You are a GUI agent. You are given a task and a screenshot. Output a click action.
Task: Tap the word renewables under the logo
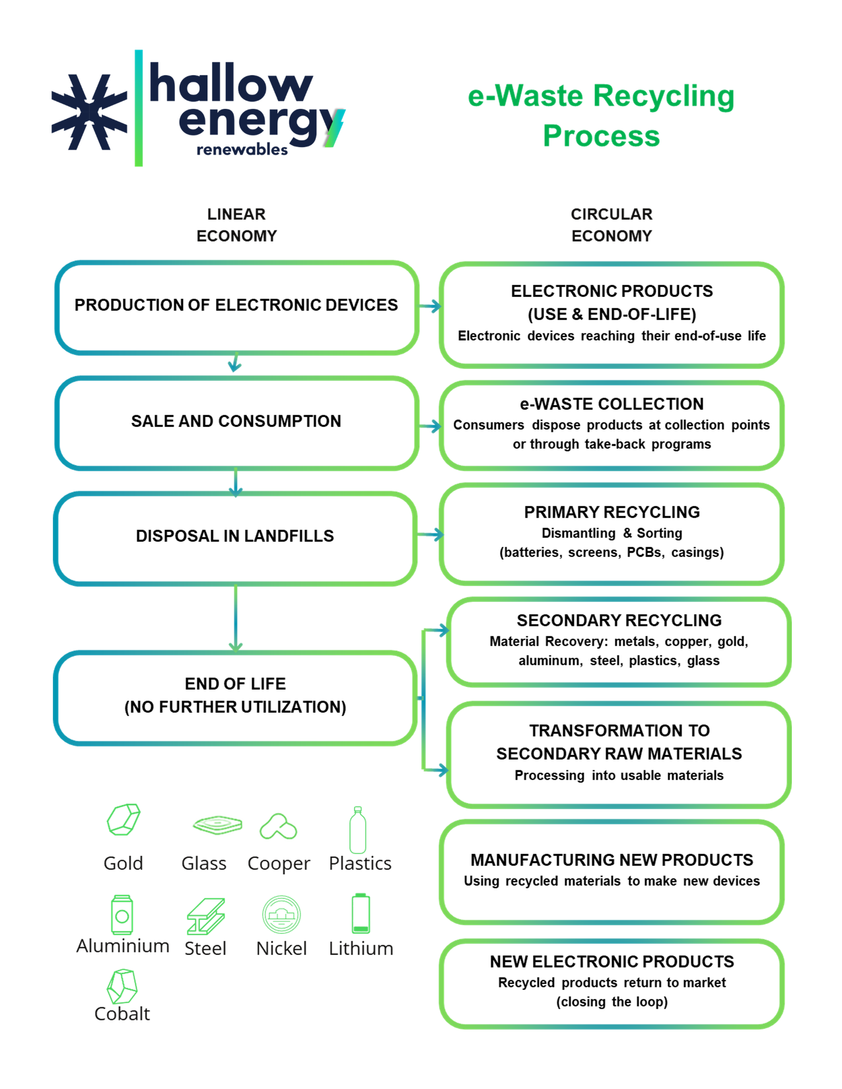pos(242,150)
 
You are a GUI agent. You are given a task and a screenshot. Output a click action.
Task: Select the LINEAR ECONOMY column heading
pos(236,225)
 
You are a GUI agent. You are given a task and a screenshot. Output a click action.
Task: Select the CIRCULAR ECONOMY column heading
pos(612,225)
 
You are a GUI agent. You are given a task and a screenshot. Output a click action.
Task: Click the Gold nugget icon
pos(123,820)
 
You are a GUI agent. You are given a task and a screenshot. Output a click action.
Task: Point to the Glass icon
pos(217,824)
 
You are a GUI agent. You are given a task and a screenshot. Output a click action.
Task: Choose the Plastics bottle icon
pos(358,830)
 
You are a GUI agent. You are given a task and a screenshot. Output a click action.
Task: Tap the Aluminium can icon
pos(122,915)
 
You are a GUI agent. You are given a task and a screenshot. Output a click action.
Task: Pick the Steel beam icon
pos(205,917)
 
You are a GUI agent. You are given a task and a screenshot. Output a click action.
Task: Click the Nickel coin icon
pos(282,915)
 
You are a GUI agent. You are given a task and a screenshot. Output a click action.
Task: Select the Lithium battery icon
pos(361,914)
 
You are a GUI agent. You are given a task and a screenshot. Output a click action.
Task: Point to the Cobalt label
pos(122,1014)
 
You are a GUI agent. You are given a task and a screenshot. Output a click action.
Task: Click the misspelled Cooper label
pos(279,864)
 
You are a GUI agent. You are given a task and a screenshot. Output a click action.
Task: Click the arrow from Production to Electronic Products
pos(430,306)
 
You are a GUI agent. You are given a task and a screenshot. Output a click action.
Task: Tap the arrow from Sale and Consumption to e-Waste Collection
pos(430,426)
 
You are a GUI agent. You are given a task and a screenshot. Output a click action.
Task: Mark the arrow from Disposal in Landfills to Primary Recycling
pos(430,535)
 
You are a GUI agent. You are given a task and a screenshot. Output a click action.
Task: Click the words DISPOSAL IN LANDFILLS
pos(235,536)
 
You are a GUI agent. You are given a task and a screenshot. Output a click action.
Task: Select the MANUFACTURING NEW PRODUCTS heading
pos(612,860)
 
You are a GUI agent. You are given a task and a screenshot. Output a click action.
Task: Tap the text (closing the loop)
pos(612,1002)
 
